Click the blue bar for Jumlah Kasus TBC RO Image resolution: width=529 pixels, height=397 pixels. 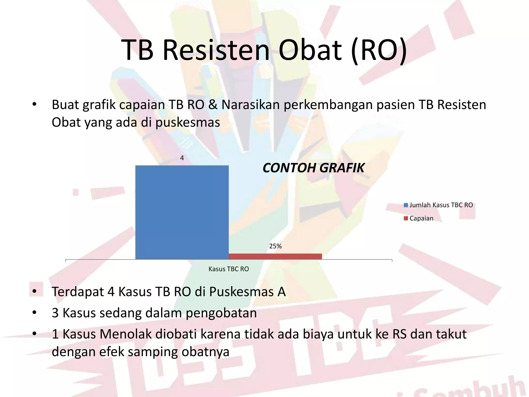(x=182, y=212)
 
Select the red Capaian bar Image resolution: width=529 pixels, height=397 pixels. (x=275, y=256)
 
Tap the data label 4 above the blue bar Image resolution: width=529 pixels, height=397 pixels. (x=182, y=158)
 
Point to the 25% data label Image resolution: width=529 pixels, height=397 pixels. (x=275, y=246)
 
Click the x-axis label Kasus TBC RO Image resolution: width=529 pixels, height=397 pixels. (x=229, y=269)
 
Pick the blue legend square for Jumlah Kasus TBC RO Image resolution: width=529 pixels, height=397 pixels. (x=406, y=205)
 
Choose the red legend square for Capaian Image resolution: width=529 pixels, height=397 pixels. (x=406, y=218)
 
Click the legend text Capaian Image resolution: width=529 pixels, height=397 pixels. (x=421, y=218)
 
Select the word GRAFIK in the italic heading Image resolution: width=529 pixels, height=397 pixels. (x=341, y=168)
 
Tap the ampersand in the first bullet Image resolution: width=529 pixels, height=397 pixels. (x=213, y=105)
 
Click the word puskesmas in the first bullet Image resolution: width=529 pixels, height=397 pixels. (x=188, y=123)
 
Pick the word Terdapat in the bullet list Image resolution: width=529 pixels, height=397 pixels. (x=78, y=292)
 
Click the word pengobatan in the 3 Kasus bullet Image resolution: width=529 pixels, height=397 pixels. (x=221, y=313)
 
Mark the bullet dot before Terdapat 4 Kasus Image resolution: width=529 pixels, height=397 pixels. (x=34, y=292)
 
